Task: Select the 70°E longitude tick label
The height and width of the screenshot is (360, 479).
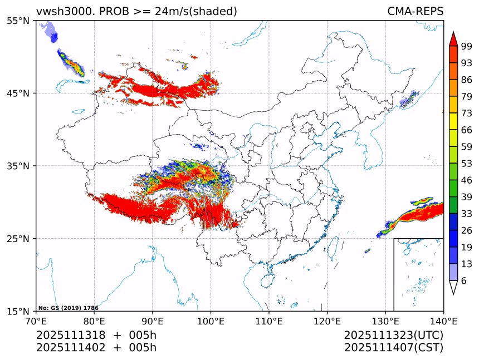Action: [x=36, y=321]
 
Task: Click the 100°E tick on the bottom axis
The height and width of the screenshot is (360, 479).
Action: [x=211, y=321]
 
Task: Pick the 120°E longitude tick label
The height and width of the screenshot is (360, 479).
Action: [x=327, y=321]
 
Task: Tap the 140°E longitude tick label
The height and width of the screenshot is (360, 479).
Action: [x=443, y=321]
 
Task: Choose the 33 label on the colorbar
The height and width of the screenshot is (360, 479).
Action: [x=467, y=214]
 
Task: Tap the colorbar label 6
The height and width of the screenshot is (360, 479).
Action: [x=464, y=281]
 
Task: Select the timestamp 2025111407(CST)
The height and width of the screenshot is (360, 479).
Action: [x=393, y=348]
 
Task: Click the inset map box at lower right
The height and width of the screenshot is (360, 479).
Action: [x=418, y=274]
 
